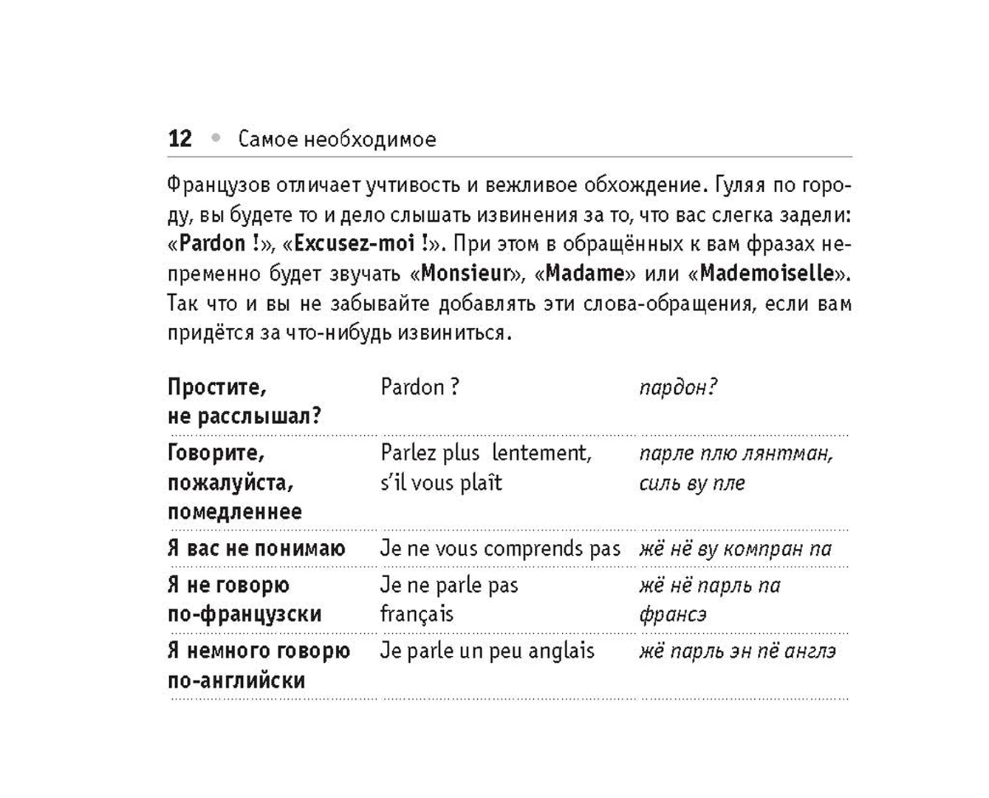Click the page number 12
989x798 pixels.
pyautogui.click(x=179, y=139)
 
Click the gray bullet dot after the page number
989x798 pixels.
pyautogui.click(x=216, y=137)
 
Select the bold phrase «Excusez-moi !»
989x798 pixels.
pyautogui.click(x=361, y=244)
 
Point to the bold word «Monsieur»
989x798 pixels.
pyautogui.click(x=465, y=273)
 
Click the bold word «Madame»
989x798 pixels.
pyautogui.click(x=585, y=273)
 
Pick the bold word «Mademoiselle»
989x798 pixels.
pyautogui.click(x=767, y=273)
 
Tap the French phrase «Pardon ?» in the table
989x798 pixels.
pyautogui.click(x=420, y=387)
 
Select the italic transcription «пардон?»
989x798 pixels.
pyautogui.click(x=678, y=388)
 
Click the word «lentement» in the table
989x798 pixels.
pyautogui.click(x=541, y=453)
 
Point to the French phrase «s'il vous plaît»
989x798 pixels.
pyautogui.click(x=441, y=482)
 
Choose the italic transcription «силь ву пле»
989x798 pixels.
pyautogui.click(x=692, y=483)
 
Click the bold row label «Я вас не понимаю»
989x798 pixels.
pyautogui.click(x=256, y=548)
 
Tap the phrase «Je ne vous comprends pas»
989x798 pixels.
pyautogui.click(x=500, y=548)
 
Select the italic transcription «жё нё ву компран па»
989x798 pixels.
pyautogui.click(x=736, y=548)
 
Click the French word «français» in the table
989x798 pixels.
pyautogui.click(x=417, y=614)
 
